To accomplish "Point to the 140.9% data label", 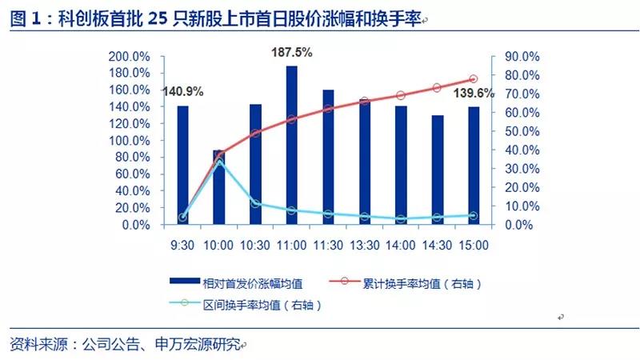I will (183, 91).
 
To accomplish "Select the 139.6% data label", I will (474, 94).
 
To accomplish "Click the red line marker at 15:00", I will (473, 79).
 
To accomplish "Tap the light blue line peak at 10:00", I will (219, 162).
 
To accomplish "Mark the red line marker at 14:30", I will (437, 87).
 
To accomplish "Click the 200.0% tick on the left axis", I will (130, 57).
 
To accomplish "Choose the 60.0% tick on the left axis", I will (132, 174).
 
